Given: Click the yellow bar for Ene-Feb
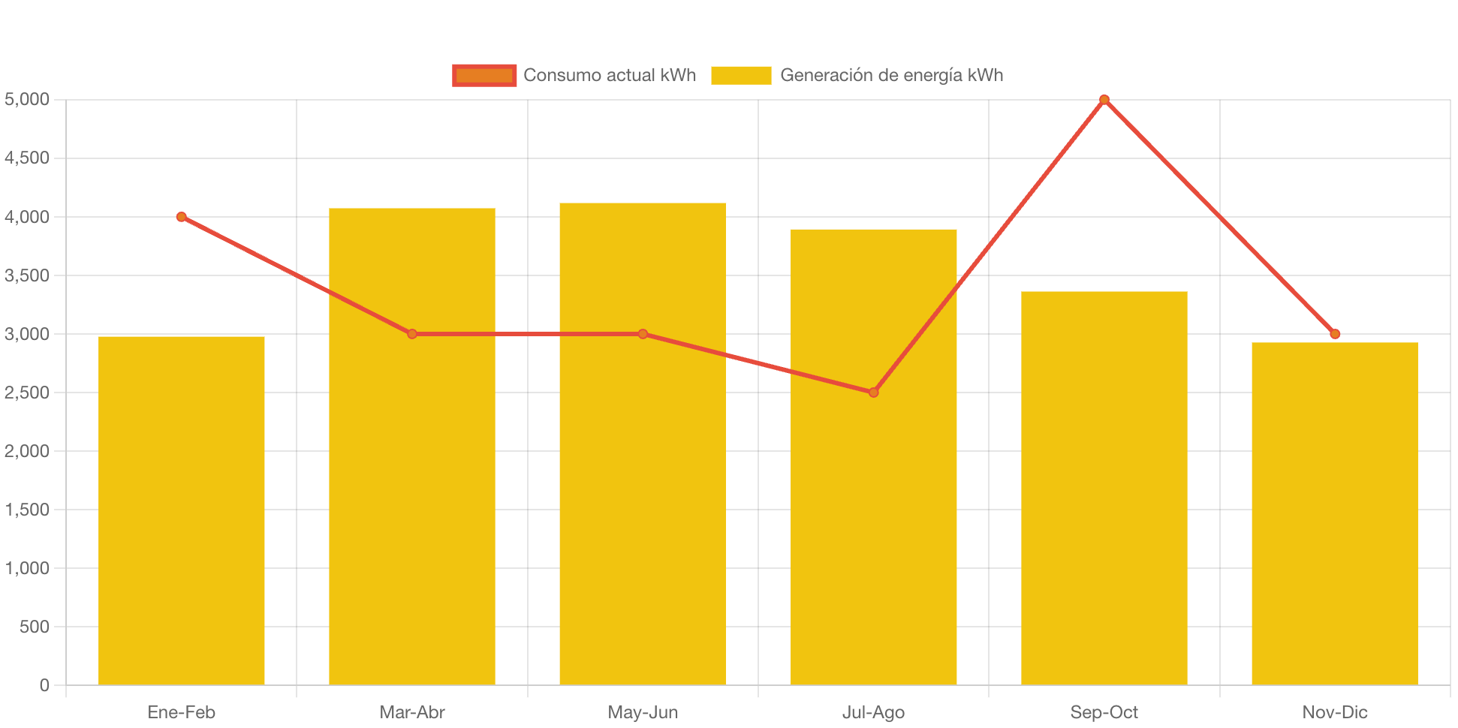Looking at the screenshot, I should (x=182, y=510).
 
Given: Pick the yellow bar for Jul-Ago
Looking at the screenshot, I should (x=873, y=525).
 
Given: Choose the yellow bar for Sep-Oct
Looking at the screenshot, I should (x=1104, y=488).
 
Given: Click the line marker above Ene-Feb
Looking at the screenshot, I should (x=182, y=217).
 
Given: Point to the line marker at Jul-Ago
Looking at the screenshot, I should (x=873, y=393).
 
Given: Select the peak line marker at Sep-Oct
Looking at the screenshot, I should (x=1104, y=100).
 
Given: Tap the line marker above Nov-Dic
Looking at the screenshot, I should (x=1334, y=334).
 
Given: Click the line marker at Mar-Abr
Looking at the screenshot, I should (x=412, y=334).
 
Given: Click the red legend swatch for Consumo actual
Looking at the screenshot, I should (x=484, y=75).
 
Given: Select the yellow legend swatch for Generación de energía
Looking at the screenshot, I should (x=741, y=75).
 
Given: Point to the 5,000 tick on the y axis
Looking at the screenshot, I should (x=27, y=99).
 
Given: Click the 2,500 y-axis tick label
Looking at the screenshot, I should (x=27, y=393).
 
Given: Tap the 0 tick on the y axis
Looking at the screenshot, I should (x=44, y=685).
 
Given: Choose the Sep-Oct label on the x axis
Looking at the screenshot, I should (x=1104, y=712).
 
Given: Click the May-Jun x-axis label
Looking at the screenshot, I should (x=643, y=712).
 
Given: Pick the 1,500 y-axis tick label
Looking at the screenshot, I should (x=27, y=510).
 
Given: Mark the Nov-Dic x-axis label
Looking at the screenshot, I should (x=1334, y=712).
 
